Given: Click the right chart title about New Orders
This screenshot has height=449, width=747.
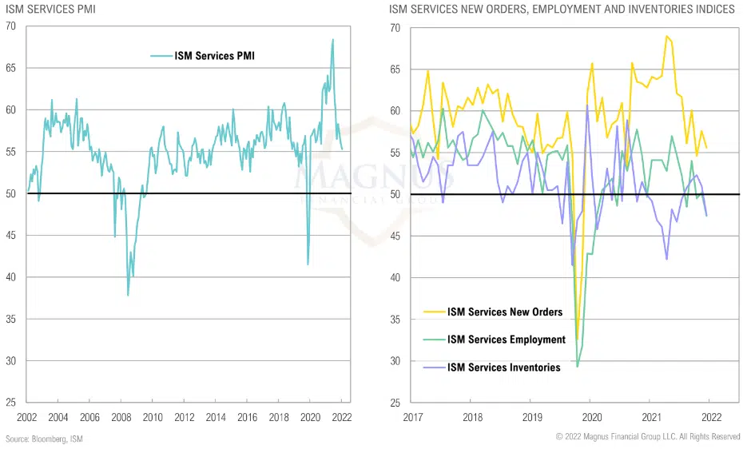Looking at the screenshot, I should point(562,10).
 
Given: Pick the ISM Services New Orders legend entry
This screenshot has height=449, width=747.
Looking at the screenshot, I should point(505,312).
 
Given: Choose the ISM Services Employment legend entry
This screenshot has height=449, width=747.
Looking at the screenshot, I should point(507,340).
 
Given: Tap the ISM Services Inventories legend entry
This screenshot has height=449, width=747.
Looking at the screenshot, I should point(503,368).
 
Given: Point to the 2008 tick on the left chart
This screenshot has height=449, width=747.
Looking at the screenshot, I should point(121,418).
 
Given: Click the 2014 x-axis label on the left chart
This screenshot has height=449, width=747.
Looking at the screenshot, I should point(216,418).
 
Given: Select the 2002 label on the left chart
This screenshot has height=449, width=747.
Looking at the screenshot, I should point(26,418).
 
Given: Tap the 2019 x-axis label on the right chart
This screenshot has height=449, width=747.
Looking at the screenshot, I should point(531,418).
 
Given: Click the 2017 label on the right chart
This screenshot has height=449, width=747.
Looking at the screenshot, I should point(412,418).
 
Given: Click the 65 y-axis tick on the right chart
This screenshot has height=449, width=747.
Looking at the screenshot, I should point(395,70).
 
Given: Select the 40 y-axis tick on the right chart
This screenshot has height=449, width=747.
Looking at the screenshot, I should point(395,277).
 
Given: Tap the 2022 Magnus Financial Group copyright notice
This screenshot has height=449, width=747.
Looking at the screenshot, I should point(646,437).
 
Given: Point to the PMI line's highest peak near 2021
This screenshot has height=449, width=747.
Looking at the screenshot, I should point(333,39).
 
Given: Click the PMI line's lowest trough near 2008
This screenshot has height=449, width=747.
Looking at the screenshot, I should point(128,296).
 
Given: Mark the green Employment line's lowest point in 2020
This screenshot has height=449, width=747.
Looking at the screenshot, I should point(577,366).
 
